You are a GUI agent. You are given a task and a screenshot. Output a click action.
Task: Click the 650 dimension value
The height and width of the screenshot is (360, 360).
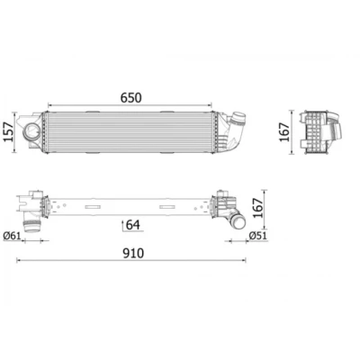(130, 98)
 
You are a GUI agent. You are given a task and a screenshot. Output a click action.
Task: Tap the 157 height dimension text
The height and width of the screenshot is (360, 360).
(9, 132)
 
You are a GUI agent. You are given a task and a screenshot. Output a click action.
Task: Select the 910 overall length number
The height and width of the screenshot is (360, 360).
(133, 254)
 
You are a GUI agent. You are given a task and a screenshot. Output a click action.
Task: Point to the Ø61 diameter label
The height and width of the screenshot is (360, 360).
(13, 236)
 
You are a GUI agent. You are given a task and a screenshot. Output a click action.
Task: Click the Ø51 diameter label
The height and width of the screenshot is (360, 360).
(257, 236)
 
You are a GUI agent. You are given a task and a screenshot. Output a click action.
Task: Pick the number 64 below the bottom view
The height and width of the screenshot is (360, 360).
(133, 225)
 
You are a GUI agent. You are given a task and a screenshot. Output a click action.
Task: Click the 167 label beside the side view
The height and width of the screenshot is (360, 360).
(284, 132)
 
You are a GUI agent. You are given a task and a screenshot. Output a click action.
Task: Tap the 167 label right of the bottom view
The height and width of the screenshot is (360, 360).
(257, 208)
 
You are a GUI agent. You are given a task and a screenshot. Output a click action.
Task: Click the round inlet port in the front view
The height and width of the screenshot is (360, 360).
(31, 131)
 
